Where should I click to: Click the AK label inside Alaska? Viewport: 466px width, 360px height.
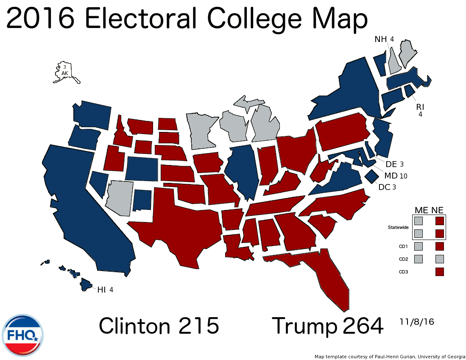(x=65, y=73)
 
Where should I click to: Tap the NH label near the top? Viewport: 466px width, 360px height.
(x=381, y=39)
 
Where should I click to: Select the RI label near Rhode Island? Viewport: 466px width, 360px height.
(x=420, y=106)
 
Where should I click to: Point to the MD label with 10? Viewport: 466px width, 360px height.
(x=391, y=176)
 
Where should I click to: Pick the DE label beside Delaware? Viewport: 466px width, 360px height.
(x=391, y=164)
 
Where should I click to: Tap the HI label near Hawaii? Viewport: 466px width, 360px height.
(x=101, y=290)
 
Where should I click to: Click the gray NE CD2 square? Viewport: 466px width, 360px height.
(x=439, y=259)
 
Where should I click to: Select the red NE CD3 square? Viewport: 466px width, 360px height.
(x=439, y=271)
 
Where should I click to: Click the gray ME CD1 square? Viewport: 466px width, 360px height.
(x=419, y=246)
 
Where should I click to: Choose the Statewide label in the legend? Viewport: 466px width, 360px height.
(x=398, y=227)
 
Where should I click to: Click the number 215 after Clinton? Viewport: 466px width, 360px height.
(x=198, y=326)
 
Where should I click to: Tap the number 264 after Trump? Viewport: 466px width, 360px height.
(x=363, y=326)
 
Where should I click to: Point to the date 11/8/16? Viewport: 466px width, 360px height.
(x=417, y=322)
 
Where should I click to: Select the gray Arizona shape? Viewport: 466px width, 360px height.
(x=120, y=197)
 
